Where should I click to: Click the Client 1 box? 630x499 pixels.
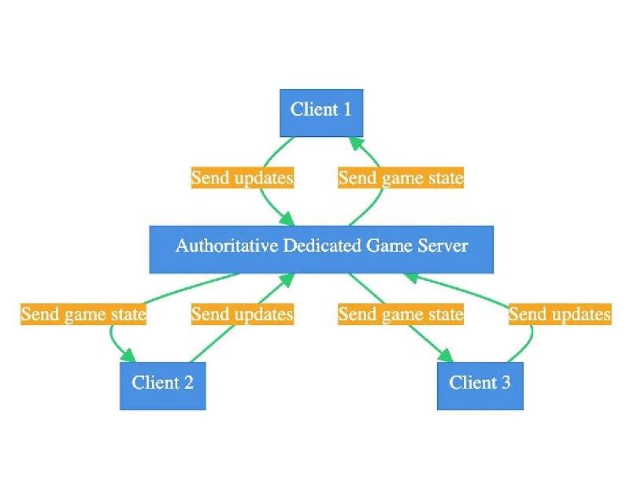[321, 113]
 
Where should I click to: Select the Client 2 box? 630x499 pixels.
[163, 386]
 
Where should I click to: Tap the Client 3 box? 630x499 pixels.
[480, 386]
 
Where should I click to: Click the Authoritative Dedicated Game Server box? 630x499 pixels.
[321, 249]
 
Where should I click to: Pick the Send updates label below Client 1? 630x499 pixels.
[243, 177]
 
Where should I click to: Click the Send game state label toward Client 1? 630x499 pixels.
[401, 177]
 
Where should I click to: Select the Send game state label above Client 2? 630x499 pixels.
[83, 314]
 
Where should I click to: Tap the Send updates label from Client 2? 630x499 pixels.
[243, 314]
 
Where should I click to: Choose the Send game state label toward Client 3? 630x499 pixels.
[401, 314]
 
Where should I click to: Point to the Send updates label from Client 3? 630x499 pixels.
[560, 314]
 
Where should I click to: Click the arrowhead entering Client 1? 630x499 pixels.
[357, 143]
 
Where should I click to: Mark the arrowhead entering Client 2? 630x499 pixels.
[129, 356]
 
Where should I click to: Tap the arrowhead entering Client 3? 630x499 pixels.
[447, 356]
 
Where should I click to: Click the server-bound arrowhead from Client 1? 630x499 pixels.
[287, 219]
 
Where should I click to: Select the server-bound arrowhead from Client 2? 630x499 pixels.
[287, 280]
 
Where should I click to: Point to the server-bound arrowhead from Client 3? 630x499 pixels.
[412, 278]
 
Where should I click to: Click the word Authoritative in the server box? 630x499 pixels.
[227, 246]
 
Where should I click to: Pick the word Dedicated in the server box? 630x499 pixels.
[322, 246]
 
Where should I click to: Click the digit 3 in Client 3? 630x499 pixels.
[506, 383]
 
